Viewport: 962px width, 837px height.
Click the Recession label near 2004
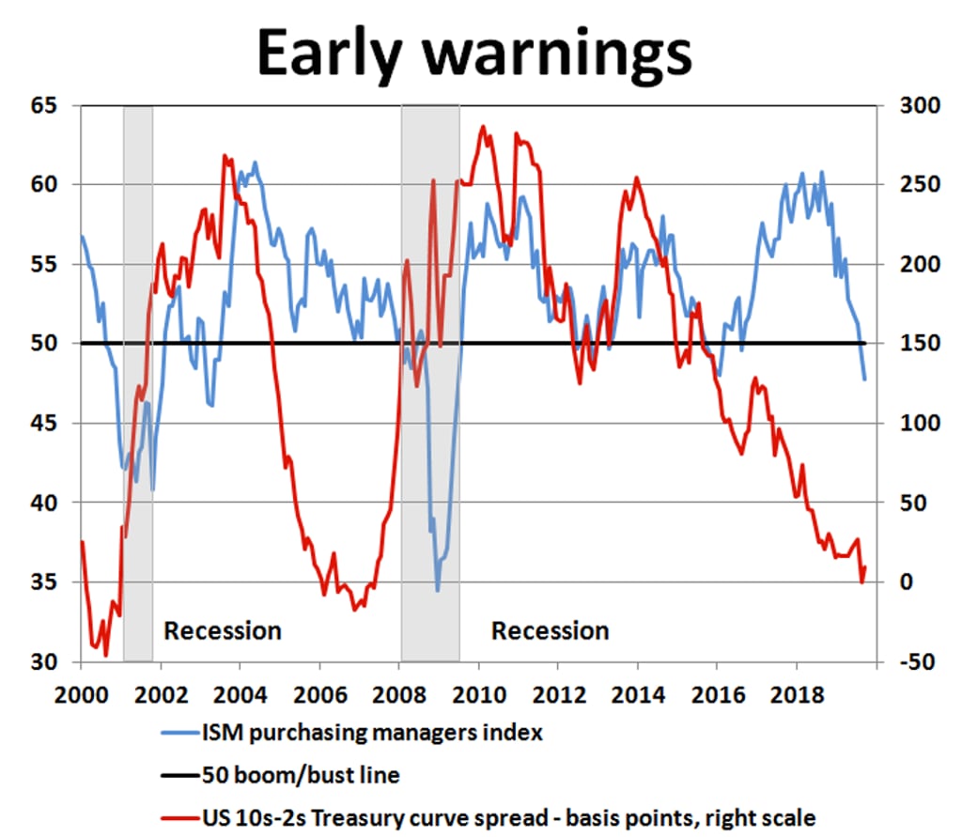(x=223, y=630)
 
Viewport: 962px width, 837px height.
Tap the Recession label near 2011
(x=551, y=630)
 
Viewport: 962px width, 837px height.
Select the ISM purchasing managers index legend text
(x=372, y=733)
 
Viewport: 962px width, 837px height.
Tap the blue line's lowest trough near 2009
(x=438, y=590)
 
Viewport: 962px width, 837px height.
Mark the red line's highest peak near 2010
(x=483, y=127)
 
